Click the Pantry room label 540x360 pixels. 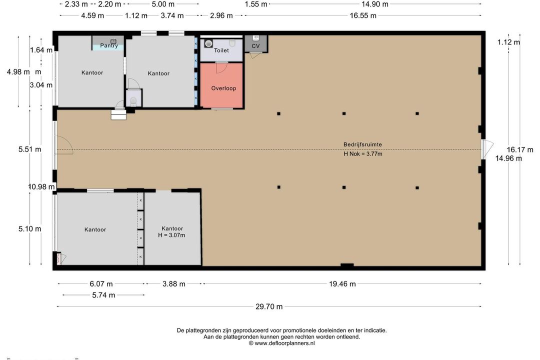coord(109,45)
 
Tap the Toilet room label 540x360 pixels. coord(221,50)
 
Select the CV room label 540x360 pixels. coord(255,46)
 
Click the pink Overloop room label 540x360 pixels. coord(223,88)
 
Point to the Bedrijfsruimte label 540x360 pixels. coord(362,144)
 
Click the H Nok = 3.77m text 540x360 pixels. coord(362,153)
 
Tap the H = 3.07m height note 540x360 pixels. coord(171,235)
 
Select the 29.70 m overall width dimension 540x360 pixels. coord(269,306)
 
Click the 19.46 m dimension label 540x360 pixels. coord(342,284)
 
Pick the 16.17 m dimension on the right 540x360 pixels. coord(519,149)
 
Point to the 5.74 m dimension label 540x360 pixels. coord(103,295)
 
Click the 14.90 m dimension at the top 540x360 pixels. coord(374,4)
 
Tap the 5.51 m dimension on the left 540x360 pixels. coord(29,149)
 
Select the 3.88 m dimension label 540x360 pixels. coord(174,284)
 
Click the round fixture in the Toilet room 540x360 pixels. coord(208,44)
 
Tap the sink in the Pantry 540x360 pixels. coord(113,41)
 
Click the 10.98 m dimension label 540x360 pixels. coord(41,186)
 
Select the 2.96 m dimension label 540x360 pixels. coord(221,15)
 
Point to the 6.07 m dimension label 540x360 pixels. coord(101,284)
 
